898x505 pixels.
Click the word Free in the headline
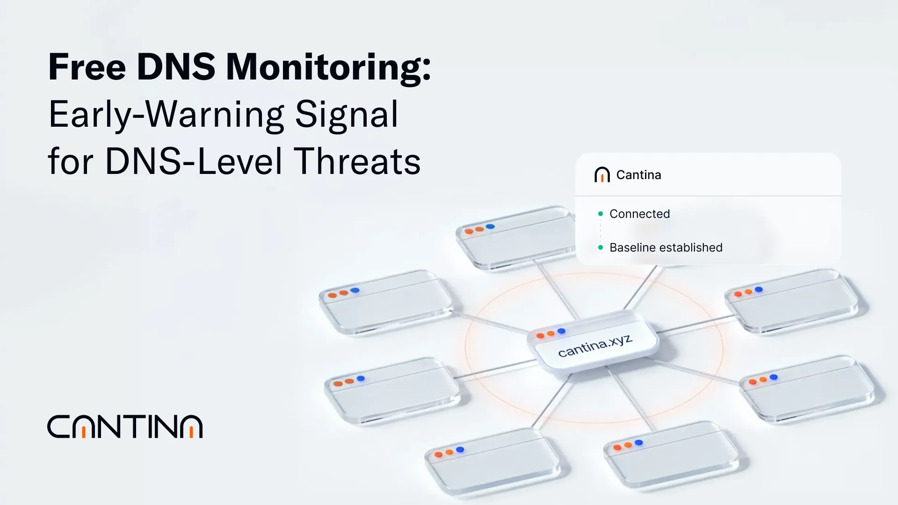pos(87,67)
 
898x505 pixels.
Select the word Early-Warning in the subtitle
pos(166,115)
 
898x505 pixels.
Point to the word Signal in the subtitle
pos(347,115)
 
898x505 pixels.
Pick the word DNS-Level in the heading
pos(194,162)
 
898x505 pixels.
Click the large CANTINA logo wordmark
pos(125,426)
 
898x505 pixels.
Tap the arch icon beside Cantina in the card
pos(602,175)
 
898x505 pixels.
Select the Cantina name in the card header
pos(638,175)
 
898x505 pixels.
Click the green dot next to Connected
pos(601,214)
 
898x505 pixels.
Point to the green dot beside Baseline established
pos(601,247)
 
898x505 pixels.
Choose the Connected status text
pos(639,214)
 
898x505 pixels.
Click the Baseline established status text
pos(666,247)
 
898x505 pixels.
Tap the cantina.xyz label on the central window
pos(595,346)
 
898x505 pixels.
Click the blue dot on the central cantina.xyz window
pos(561,331)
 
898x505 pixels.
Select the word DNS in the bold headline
pos(176,67)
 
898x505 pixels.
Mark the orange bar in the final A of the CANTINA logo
pos(191,432)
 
